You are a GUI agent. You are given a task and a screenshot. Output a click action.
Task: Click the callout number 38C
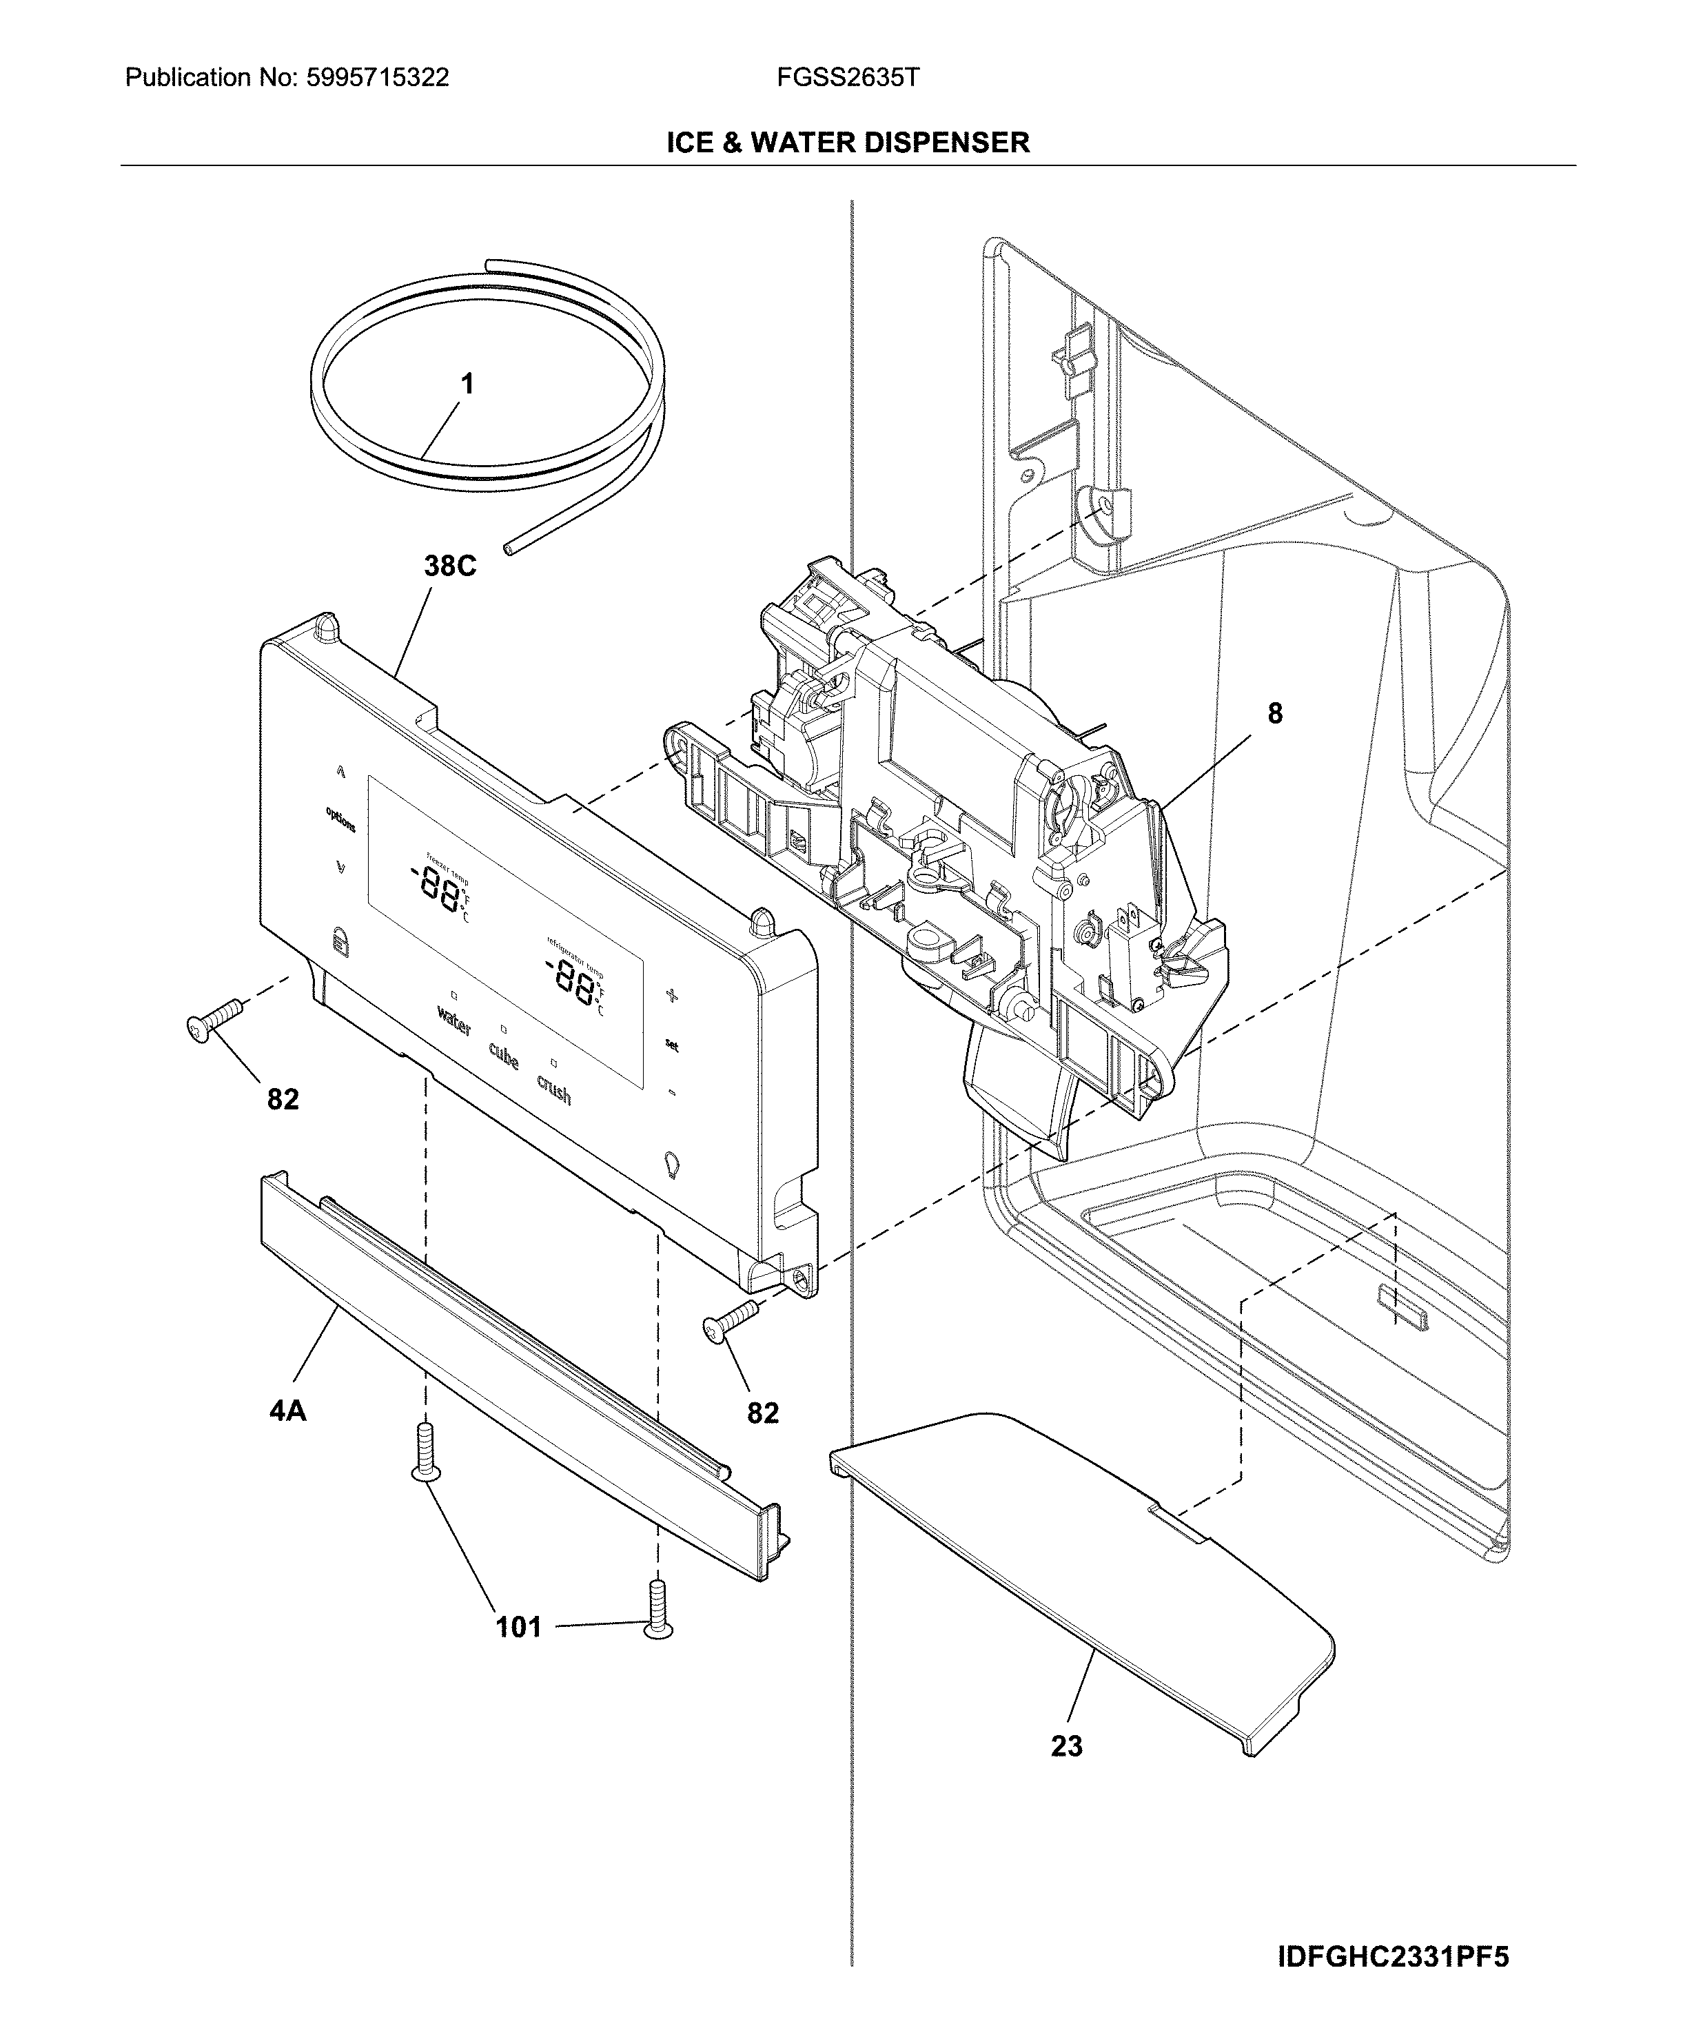[x=450, y=566]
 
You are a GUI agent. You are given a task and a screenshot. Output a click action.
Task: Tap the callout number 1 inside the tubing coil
[x=467, y=385]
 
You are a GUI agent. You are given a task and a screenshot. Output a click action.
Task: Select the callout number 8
[x=1275, y=713]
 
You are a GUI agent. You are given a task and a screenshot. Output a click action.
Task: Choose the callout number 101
[x=519, y=1627]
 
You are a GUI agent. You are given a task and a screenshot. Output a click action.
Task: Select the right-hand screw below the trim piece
[x=658, y=1609]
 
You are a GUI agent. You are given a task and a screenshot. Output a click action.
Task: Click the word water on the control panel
[x=453, y=1021]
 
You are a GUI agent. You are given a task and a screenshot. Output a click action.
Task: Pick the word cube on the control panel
[x=503, y=1056]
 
